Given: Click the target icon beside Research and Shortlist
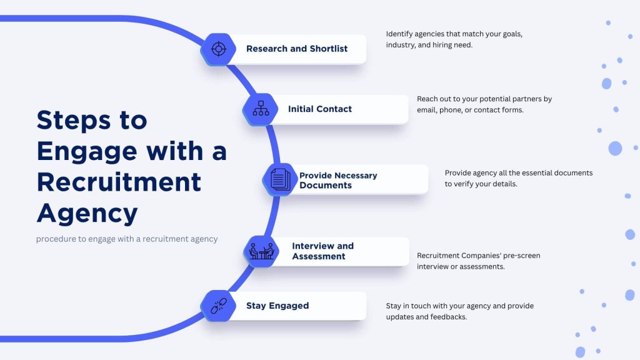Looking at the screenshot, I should click(218, 49).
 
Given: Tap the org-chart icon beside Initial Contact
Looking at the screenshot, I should click(260, 109).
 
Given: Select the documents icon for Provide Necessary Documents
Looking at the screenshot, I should click(280, 179).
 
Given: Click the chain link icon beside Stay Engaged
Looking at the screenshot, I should click(218, 306).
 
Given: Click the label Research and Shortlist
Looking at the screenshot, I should click(297, 49).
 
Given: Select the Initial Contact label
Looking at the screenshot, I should click(320, 109).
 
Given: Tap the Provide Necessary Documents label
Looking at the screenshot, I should click(338, 180).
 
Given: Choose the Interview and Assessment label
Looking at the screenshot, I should click(322, 251).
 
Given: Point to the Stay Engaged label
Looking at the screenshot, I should click(277, 306).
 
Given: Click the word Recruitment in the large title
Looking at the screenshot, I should click(119, 182).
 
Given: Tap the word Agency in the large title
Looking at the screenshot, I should click(87, 213).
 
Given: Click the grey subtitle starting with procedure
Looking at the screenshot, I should click(127, 239).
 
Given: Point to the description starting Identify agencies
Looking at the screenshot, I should click(454, 39).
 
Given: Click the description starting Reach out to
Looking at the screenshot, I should click(484, 104).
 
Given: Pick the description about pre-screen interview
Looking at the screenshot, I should click(478, 261).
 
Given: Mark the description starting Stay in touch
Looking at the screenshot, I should click(459, 311).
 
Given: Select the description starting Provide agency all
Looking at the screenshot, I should click(519, 178).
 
